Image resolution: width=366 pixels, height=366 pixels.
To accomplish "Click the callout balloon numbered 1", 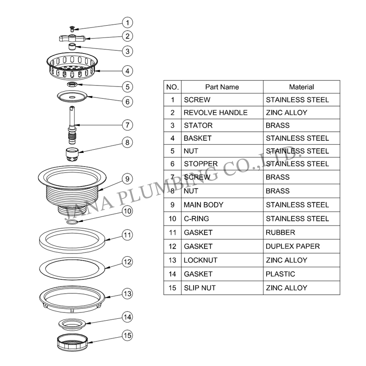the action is click(128, 22).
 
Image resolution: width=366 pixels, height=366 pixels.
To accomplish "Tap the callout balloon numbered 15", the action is click(128, 335).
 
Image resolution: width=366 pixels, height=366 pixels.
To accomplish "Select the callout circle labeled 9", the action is click(128, 179).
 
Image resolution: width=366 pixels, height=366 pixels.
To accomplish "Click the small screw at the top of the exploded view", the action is click(72, 29).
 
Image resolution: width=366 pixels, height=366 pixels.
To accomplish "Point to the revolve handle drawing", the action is click(72, 38).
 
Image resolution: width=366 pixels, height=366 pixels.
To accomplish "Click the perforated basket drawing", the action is click(72, 66).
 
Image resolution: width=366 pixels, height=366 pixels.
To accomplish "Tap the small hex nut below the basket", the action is click(72, 84).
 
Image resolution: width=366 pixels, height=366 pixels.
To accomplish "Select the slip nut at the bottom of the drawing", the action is click(72, 342).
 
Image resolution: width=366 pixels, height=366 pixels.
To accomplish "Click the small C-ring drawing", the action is click(72, 221).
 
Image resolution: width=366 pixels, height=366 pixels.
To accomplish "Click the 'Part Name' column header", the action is click(222, 87).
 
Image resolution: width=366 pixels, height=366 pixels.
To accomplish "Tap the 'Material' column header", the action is click(301, 87).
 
